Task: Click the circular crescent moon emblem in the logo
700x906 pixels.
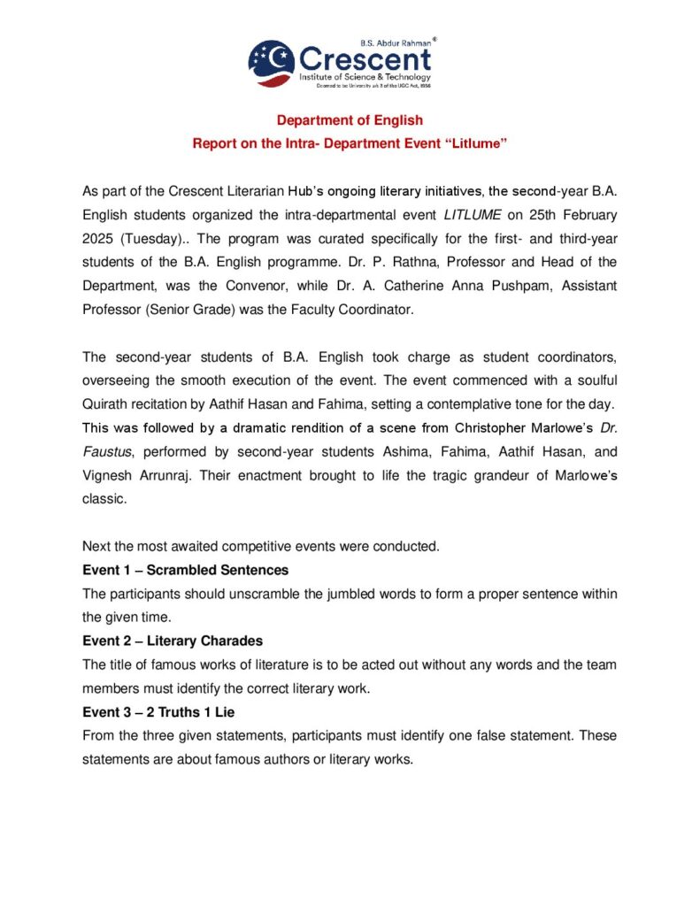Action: tap(272, 62)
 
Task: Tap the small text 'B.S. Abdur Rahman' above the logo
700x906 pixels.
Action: tap(396, 42)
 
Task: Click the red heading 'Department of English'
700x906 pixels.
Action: tap(350, 120)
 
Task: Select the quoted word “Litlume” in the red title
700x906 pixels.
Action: tap(473, 143)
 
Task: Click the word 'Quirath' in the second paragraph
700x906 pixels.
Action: tap(106, 404)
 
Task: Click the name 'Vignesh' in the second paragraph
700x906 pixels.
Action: tap(107, 476)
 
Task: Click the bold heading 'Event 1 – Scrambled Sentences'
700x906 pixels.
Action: tap(185, 570)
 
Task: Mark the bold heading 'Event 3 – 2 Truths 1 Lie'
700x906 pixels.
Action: tap(168, 711)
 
